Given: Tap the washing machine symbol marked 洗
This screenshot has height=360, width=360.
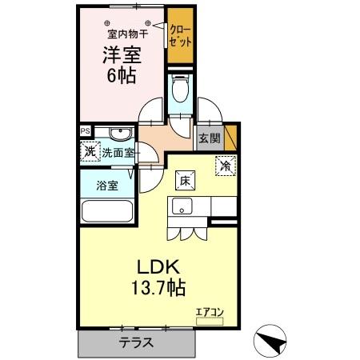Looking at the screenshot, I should coord(88,150).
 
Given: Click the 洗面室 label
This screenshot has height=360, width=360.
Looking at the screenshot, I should coord(118,152).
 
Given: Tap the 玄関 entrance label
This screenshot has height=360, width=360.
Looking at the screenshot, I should coord(210,138).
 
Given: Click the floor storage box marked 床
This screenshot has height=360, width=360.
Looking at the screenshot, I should coord(183,179).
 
